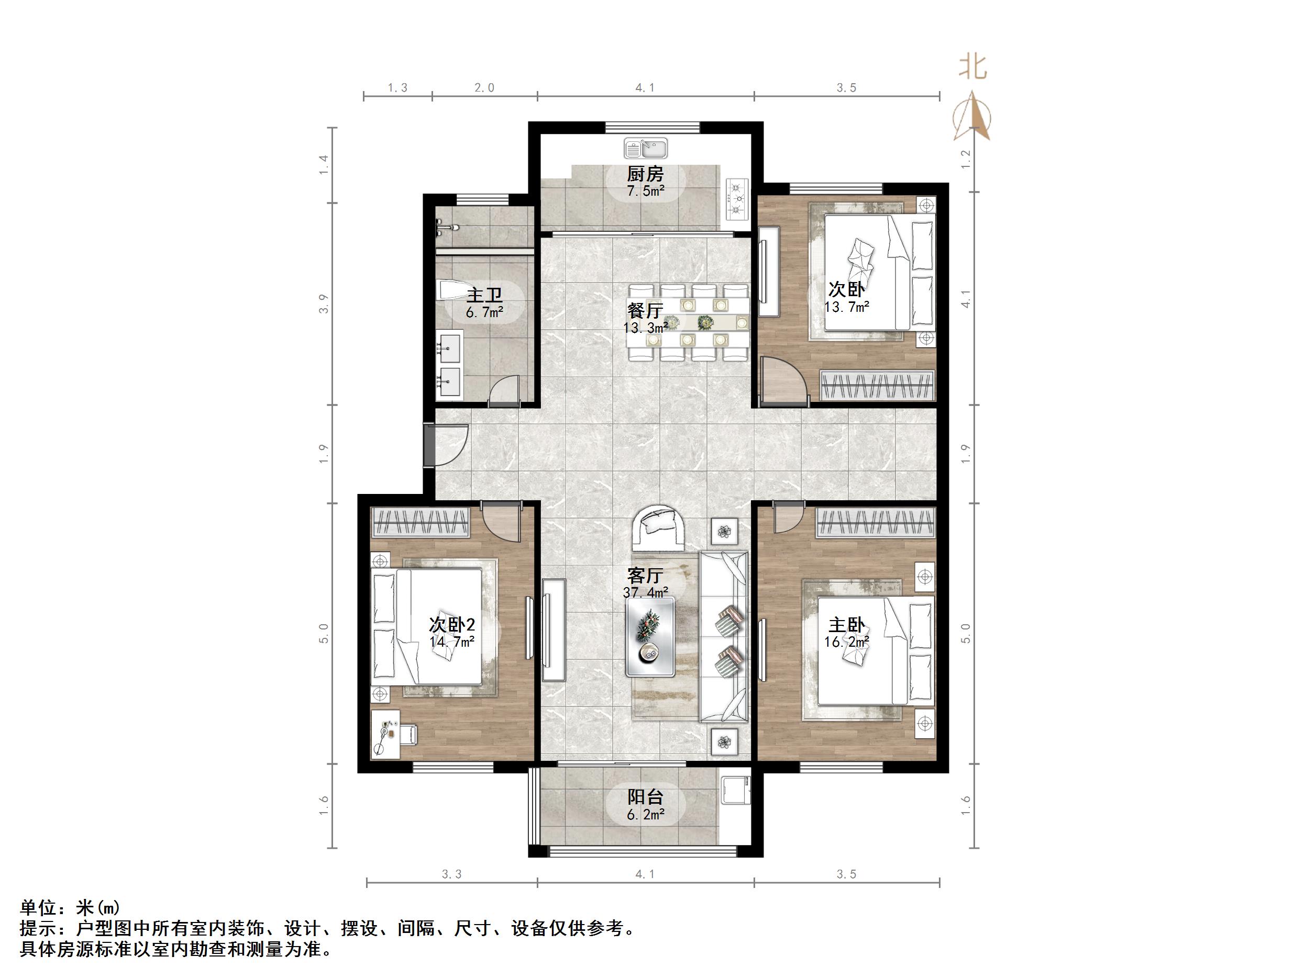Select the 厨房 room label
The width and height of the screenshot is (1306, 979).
pyautogui.click(x=645, y=174)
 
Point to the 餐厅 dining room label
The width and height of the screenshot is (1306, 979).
pyautogui.click(x=645, y=310)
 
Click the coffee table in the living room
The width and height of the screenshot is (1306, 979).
pyautogui.click(x=650, y=637)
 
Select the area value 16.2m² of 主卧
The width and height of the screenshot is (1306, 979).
pyautogui.click(x=847, y=642)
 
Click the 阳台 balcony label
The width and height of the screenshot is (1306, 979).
pyautogui.click(x=645, y=797)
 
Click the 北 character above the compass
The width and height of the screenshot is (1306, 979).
pyautogui.click(x=972, y=66)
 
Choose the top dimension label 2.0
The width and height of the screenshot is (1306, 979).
pyautogui.click(x=484, y=88)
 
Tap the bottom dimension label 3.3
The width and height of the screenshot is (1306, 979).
pyautogui.click(x=452, y=874)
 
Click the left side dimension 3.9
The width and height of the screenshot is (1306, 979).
pyautogui.click(x=324, y=305)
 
